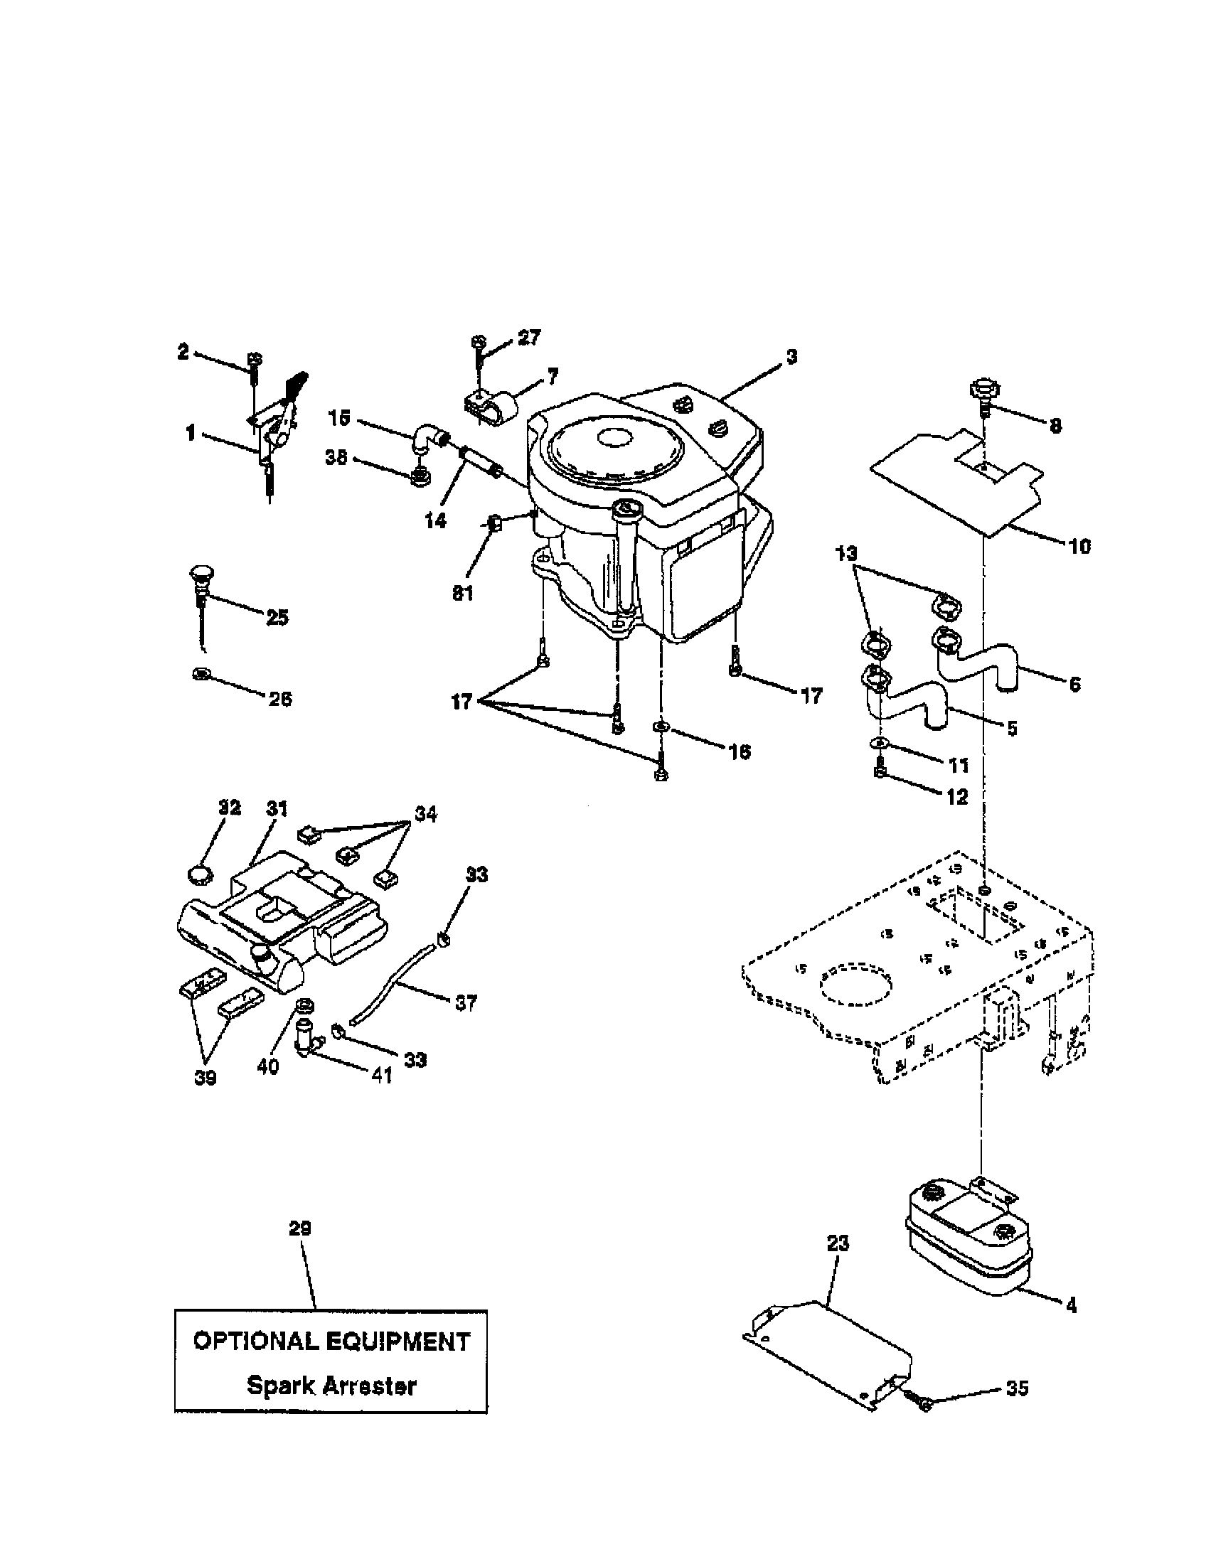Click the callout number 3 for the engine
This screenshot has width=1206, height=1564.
791,357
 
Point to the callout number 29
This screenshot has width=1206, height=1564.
300,1229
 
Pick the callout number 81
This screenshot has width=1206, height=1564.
464,594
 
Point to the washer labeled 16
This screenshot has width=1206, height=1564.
660,728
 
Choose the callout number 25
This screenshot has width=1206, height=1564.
277,617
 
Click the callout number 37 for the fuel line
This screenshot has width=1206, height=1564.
466,1003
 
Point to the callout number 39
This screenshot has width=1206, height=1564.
206,1078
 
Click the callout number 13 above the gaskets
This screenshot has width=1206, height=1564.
845,554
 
